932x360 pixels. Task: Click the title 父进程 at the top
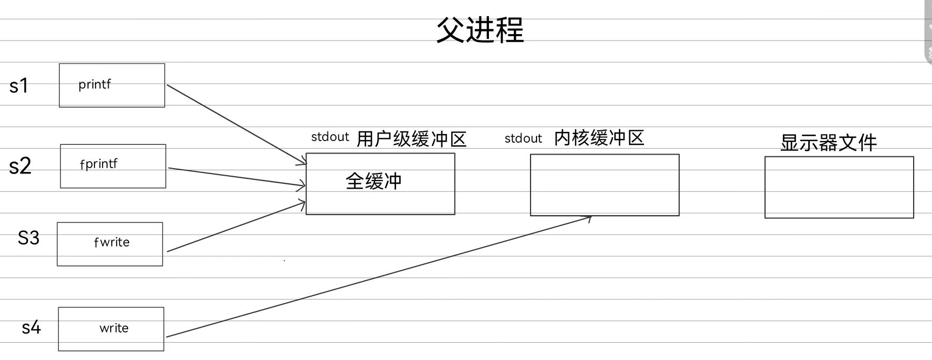tap(480, 30)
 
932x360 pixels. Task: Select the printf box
tap(112, 85)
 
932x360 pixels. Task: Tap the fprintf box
tap(113, 166)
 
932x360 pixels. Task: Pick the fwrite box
tap(110, 244)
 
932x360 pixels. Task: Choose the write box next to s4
tap(111, 329)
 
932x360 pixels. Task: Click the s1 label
tap(19, 86)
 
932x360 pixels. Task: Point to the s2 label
tap(20, 166)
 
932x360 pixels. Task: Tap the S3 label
tap(29, 238)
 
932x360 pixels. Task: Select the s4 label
tap(31, 328)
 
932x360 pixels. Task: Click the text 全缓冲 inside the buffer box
tap(373, 181)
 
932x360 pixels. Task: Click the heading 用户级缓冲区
tap(411, 139)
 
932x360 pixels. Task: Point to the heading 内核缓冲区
tap(599, 138)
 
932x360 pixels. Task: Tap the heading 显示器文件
tap(828, 143)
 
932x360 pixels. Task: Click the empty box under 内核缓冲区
tap(605, 185)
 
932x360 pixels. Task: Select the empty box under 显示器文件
tap(839, 187)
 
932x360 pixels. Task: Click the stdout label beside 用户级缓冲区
tap(330, 137)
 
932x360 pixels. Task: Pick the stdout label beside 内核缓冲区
tap(523, 139)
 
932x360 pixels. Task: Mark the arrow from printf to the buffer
tap(237, 124)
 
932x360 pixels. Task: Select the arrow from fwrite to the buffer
tap(237, 227)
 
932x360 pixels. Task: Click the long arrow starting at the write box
tap(378, 277)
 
